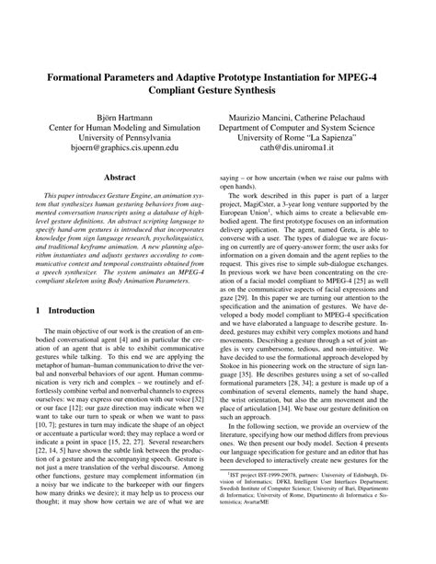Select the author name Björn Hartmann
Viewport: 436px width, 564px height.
[x=123, y=118]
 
